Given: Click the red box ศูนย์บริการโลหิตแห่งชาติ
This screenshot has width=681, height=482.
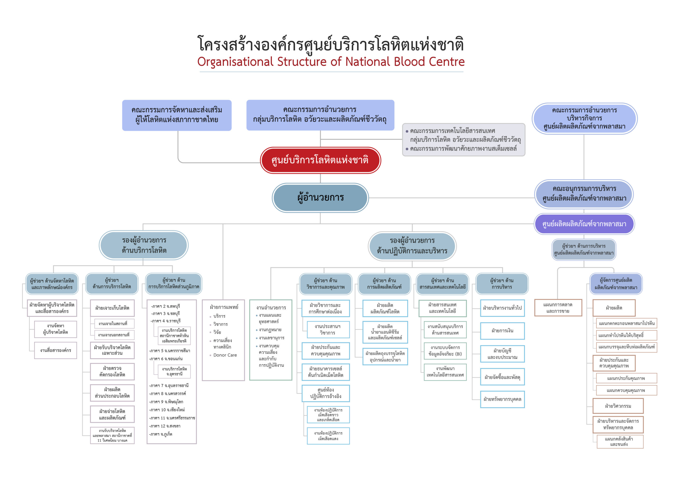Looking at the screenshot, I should coord(320,160).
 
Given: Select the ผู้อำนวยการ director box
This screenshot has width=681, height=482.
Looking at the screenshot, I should coord(320,198).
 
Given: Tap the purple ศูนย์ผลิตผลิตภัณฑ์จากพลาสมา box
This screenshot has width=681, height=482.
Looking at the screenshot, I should coord(584,224).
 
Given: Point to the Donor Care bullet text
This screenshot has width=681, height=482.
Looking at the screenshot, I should coord(225,355).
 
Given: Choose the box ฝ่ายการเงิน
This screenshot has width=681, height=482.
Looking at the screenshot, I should coord(502,330).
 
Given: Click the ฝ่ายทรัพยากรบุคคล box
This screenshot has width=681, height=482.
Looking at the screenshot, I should coord(502,399).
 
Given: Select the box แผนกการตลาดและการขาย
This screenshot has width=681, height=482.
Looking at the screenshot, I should coord(558,308).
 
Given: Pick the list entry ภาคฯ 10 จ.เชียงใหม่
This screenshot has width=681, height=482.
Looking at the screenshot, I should coord(168,410).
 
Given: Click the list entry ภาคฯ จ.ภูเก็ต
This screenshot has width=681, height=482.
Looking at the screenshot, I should coord(161,434).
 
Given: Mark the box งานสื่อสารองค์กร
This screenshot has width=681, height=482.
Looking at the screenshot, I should coord(56,350).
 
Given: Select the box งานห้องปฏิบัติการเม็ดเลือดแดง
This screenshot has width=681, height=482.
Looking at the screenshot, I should coord(328,436).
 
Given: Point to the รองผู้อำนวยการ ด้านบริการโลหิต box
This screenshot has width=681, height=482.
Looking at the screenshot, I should coord(144,245).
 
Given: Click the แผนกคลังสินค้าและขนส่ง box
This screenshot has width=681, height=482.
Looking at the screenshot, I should coord(619,441).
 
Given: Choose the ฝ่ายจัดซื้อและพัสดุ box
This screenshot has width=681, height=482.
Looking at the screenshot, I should coord(502,377).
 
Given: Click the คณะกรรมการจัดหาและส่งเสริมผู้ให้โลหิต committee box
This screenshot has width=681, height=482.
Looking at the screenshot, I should coord(177,115).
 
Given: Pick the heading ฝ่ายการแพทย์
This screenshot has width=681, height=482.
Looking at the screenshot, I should coord(224,307).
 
